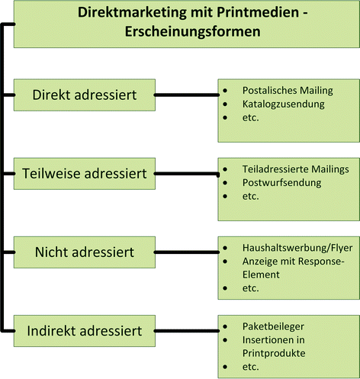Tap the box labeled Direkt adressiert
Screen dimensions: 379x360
[x=84, y=95]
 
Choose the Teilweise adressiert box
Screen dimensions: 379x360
[x=89, y=174]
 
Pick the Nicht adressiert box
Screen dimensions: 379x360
[x=84, y=252]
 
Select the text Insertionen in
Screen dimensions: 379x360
[x=262, y=340]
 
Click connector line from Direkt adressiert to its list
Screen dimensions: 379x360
[x=187, y=95]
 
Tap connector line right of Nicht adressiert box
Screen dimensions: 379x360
[x=187, y=251]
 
